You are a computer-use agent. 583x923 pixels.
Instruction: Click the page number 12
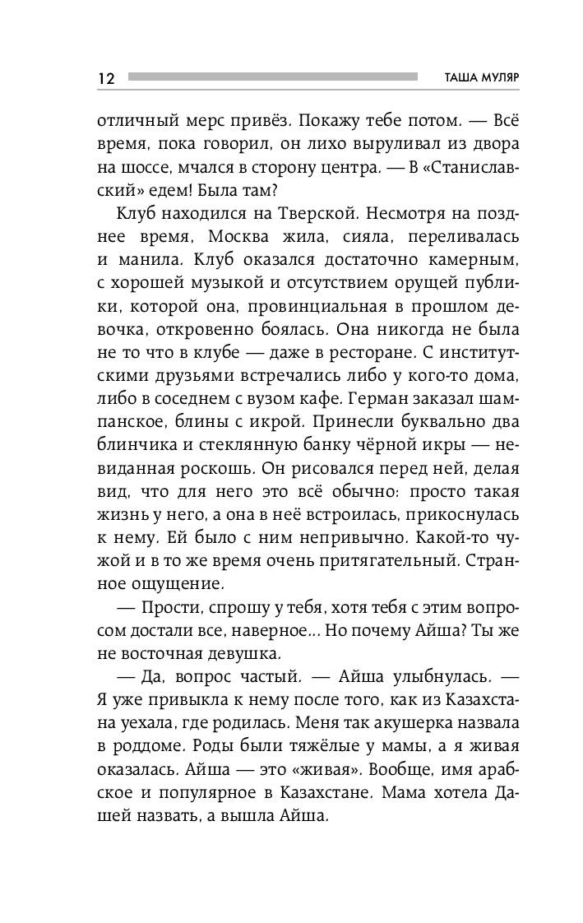tap(106, 78)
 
